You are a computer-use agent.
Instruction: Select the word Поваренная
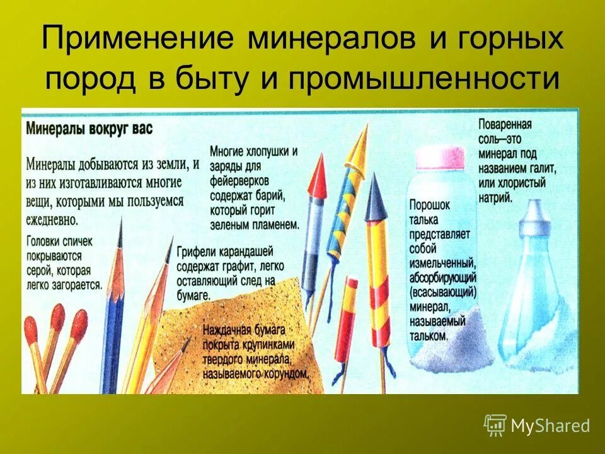click(505, 124)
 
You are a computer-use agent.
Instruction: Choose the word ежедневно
click(52, 220)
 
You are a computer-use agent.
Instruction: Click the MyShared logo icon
click(495, 425)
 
